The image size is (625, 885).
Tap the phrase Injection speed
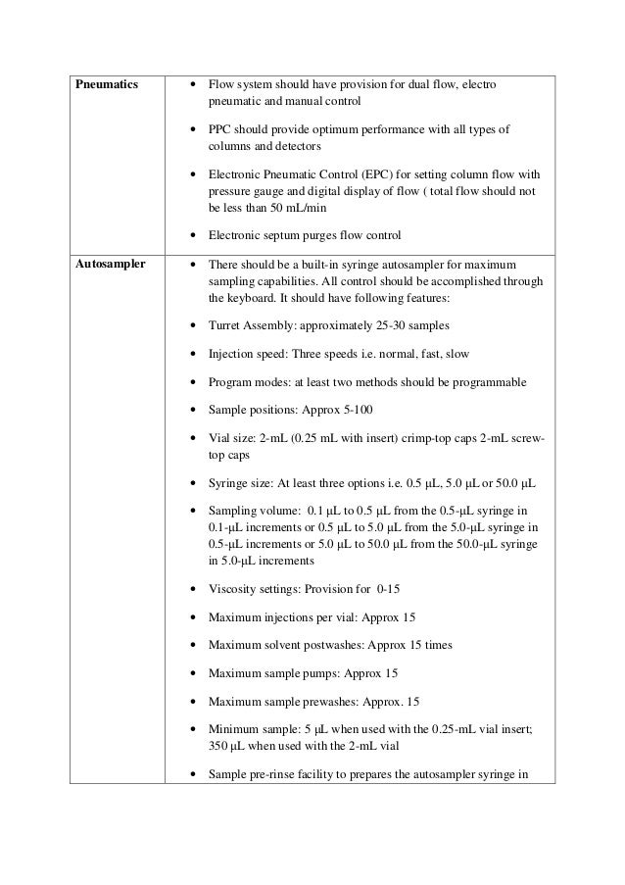(246, 353)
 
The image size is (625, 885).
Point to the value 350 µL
(226, 746)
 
